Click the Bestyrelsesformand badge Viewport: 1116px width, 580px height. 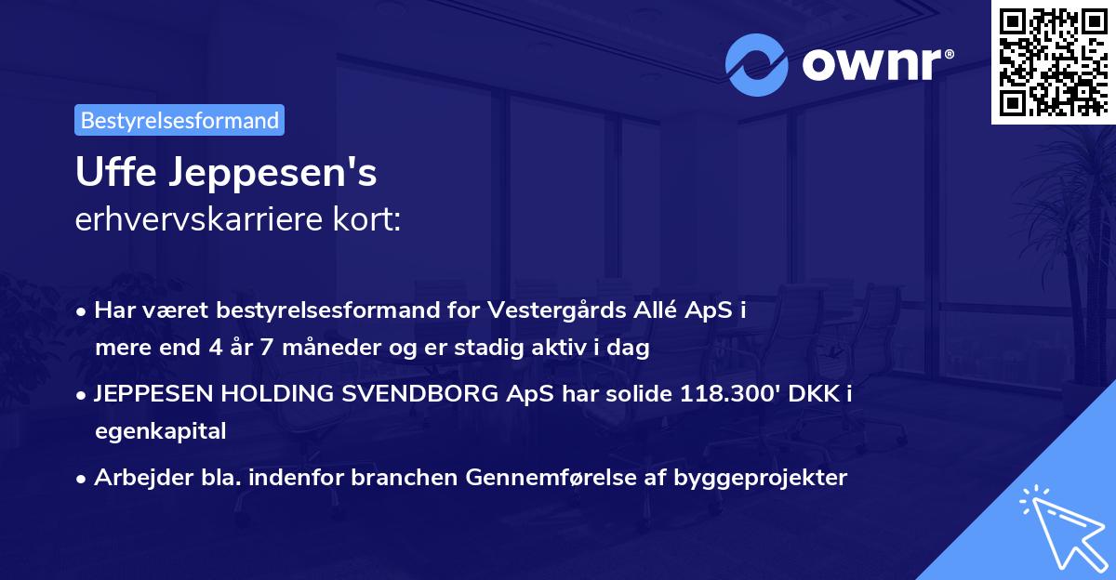coord(179,120)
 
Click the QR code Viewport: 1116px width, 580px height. coord(1053,60)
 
